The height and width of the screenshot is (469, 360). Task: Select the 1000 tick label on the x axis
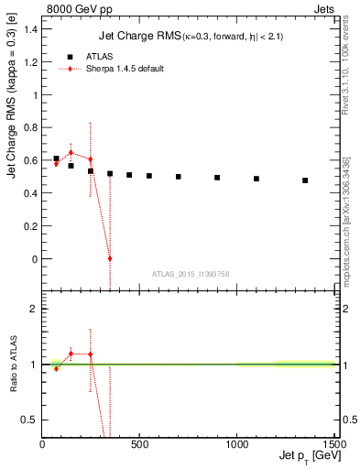click(236, 444)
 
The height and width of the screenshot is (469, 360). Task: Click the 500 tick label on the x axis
click(139, 444)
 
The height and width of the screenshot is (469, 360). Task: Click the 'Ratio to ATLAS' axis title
click(13, 365)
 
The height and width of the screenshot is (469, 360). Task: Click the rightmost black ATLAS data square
click(305, 180)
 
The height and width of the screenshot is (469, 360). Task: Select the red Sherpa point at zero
click(110, 258)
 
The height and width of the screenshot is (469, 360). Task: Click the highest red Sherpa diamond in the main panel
click(71, 152)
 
